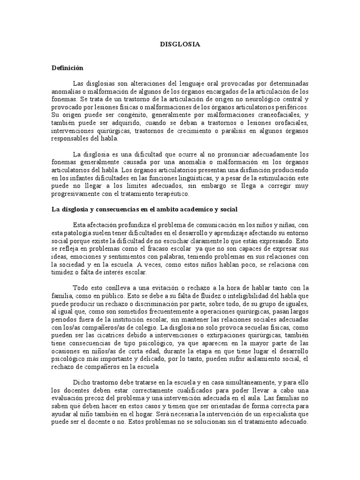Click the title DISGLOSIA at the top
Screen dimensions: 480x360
pyautogui.click(x=180, y=45)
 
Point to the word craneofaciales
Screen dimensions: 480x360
pyautogui.click(x=265, y=114)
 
